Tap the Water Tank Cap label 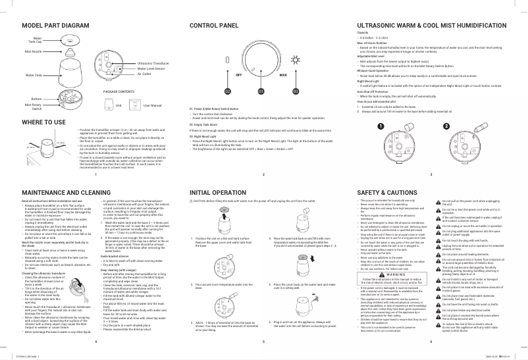click(35, 39)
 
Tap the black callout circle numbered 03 click(296, 91)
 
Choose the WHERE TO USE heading click(43, 122)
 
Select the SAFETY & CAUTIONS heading click(386, 192)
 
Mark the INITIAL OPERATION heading click(218, 192)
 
